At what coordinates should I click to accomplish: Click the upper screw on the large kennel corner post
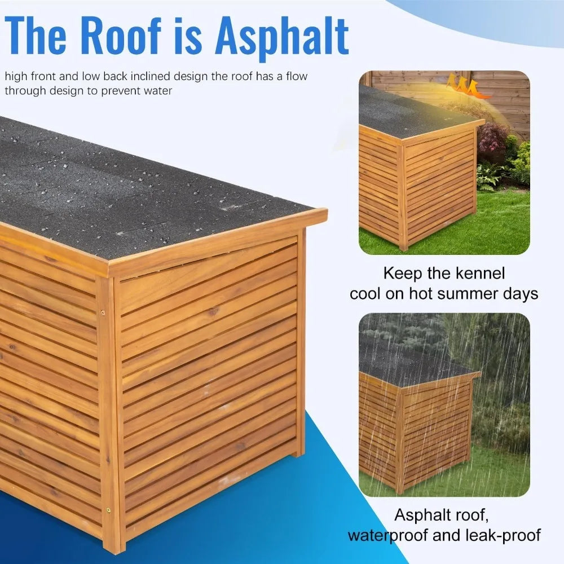tap(103, 312)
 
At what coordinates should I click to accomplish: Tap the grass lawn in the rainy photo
tap(496, 474)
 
